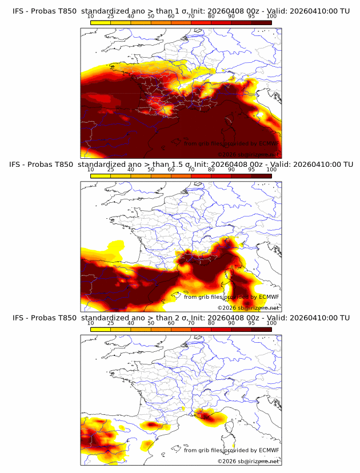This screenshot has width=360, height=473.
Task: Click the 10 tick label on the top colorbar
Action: tap(90, 17)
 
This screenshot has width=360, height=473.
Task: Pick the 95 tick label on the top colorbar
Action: tap(251, 17)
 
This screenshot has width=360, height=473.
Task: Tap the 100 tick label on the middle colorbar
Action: tap(271, 170)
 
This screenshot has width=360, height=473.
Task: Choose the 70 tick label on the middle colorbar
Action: tap(191, 170)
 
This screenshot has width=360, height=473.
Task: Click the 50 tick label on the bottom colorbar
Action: tap(151, 323)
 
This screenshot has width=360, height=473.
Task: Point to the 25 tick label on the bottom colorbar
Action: tap(110, 323)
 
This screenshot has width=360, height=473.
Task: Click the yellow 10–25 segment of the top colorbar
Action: tap(101, 22)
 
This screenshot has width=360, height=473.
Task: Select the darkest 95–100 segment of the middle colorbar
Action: tap(261, 175)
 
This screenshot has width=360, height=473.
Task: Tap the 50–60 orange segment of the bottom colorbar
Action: tap(161, 328)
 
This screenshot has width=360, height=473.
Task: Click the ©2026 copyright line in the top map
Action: tap(248, 154)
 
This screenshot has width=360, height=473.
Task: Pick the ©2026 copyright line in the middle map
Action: tap(248, 307)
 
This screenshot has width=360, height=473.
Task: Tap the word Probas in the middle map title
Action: tap(47, 165)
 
